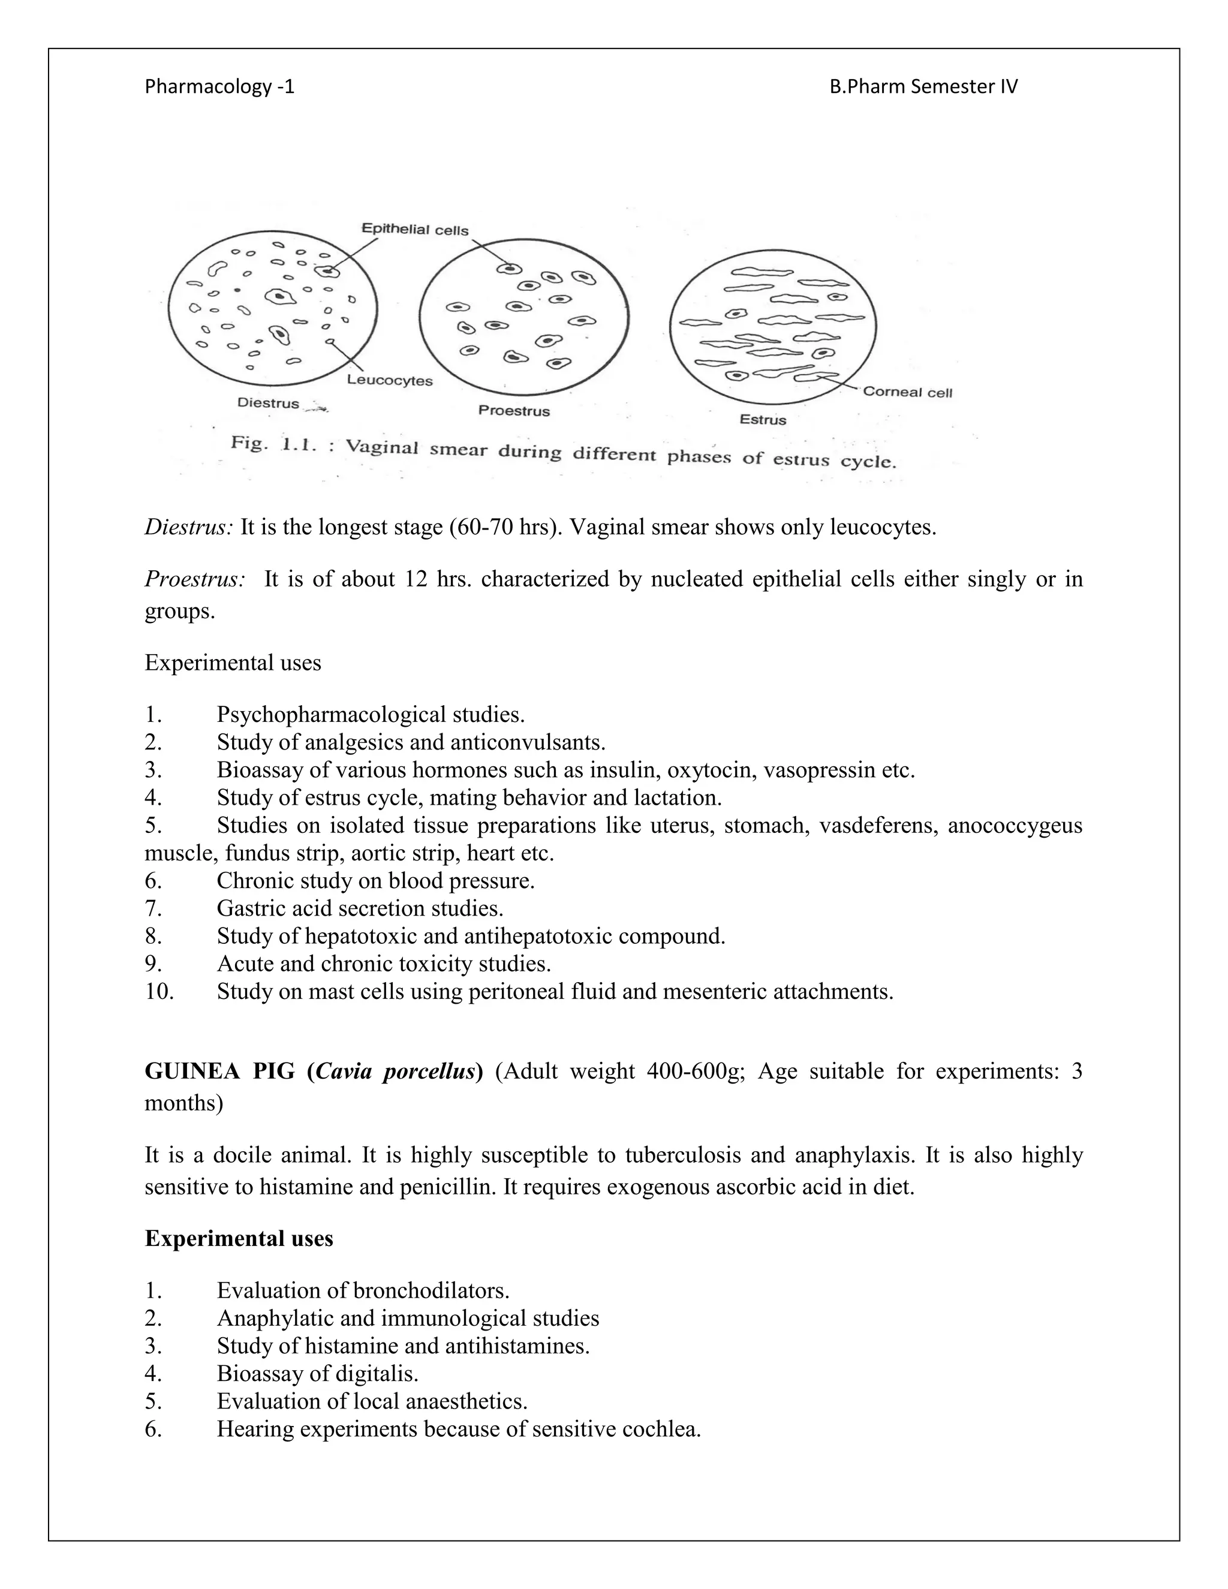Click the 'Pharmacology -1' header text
point(219,88)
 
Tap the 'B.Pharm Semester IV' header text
point(923,88)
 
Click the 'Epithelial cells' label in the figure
point(416,230)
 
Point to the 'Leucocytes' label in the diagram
point(389,381)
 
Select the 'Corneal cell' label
point(907,392)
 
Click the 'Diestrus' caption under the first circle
point(269,403)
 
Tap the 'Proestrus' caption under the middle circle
point(514,411)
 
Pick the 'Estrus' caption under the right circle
point(763,420)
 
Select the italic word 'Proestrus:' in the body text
point(194,579)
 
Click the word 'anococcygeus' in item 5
point(1015,826)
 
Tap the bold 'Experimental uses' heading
point(239,1239)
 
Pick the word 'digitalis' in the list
point(376,1374)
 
